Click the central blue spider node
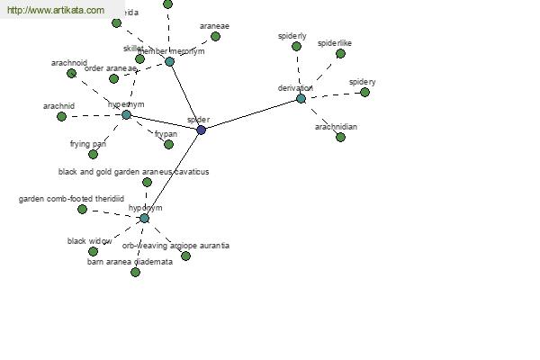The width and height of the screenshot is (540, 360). coord(201,130)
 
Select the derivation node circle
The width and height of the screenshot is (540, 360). coord(301,98)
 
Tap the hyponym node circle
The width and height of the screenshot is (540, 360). coord(144,218)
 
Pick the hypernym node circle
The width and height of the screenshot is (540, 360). coord(126,114)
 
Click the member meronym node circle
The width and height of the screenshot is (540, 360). coord(169,61)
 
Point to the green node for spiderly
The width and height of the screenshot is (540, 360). coord(296,46)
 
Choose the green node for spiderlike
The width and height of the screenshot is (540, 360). coord(340,53)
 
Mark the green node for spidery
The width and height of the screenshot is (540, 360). coord(364,92)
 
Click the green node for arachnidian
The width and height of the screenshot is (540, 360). coord(340,137)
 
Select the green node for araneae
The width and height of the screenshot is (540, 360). coord(215,36)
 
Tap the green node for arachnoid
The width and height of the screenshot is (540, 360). coord(71,73)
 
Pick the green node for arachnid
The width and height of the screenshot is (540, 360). coord(61,116)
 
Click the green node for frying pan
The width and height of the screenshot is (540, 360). coord(93,154)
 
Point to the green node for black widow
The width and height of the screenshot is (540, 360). coord(93,251)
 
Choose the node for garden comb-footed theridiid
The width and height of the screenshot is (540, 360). coord(82,209)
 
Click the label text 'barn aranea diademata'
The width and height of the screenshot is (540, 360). coord(130,262)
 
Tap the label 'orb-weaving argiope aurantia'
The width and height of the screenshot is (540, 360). coord(175,245)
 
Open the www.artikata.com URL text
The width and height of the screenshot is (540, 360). coord(54,10)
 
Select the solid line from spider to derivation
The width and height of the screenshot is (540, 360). coord(251,113)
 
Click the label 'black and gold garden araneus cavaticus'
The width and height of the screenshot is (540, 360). coord(133,171)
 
